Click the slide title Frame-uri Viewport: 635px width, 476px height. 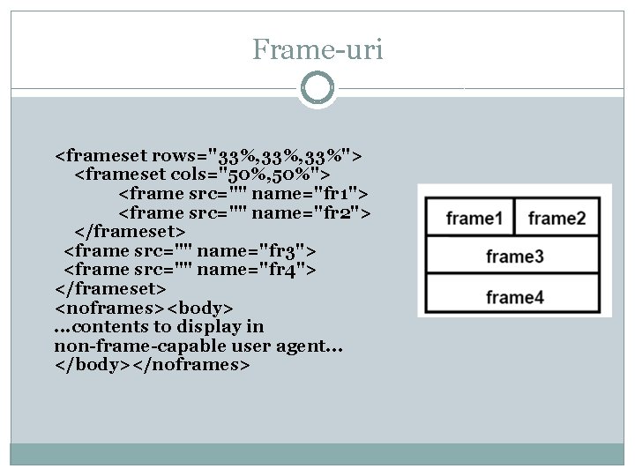(x=317, y=49)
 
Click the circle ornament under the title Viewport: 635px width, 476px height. (x=317, y=88)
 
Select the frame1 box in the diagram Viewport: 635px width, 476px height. (x=474, y=218)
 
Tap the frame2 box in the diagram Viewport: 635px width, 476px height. (x=557, y=218)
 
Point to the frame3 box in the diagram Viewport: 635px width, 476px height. (x=514, y=257)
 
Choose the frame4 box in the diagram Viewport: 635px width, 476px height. (x=514, y=297)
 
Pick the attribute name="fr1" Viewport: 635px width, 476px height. (x=316, y=194)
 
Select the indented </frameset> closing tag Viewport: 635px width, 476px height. (x=130, y=232)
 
